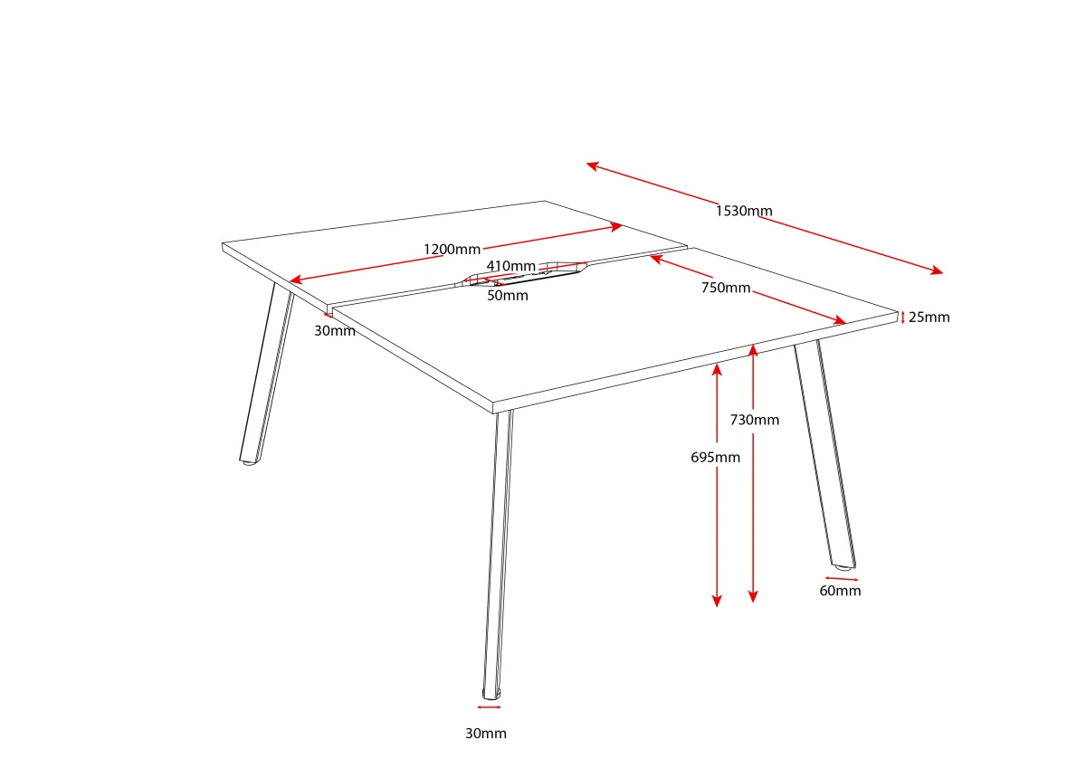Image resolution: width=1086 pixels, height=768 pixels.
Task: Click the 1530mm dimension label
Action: (744, 211)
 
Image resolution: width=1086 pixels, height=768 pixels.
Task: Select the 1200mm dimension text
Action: (452, 249)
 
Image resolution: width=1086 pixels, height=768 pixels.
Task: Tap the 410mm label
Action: (511, 266)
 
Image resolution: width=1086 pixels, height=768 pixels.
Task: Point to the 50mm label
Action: (508, 295)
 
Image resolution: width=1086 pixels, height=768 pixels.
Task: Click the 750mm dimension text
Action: (726, 288)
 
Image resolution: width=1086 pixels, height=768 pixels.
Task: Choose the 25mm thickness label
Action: (929, 317)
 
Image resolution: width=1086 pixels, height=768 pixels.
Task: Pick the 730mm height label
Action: (755, 420)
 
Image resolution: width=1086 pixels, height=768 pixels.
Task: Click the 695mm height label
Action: (716, 457)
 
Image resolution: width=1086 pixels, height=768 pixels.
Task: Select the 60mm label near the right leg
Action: (840, 591)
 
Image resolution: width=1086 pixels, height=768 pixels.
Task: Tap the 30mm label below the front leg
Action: (486, 734)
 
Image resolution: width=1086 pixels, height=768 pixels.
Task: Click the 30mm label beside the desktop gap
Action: (335, 331)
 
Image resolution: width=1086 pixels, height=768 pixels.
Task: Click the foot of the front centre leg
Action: (491, 695)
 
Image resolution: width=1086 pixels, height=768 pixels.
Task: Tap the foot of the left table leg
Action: (249, 462)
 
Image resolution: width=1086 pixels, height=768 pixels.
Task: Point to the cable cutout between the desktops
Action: (525, 274)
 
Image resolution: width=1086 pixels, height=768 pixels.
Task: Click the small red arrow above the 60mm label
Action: (842, 579)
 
